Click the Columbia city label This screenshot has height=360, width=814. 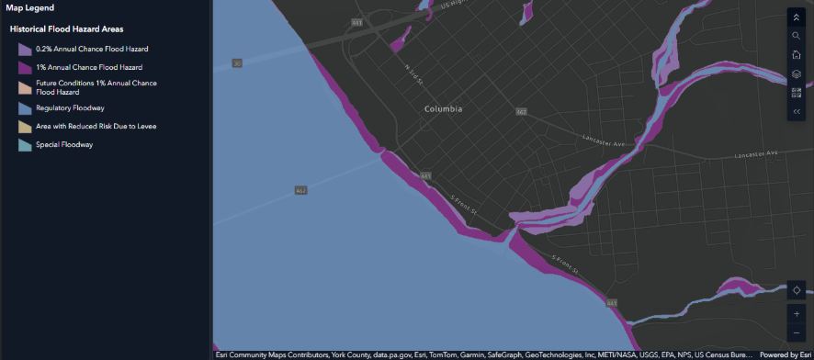[x=443, y=109]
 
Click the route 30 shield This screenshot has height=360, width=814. [x=237, y=63]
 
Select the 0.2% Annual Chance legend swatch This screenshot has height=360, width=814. [x=25, y=49]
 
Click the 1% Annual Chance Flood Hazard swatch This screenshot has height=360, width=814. [x=25, y=67]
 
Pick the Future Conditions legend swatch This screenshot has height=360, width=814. [x=25, y=87]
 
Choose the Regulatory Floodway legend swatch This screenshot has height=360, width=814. [x=25, y=107]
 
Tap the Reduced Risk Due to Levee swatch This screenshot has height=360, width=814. [x=25, y=126]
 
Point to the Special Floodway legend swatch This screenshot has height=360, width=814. [x=25, y=144]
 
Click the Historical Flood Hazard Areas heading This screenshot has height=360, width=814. [x=67, y=29]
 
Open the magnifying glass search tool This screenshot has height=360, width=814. [x=797, y=36]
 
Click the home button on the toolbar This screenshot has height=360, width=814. [x=797, y=55]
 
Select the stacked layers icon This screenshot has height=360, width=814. [x=797, y=74]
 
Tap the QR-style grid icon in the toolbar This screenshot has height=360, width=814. [x=797, y=93]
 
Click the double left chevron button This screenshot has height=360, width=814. [x=797, y=111]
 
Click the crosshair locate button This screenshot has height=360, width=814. [x=797, y=290]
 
